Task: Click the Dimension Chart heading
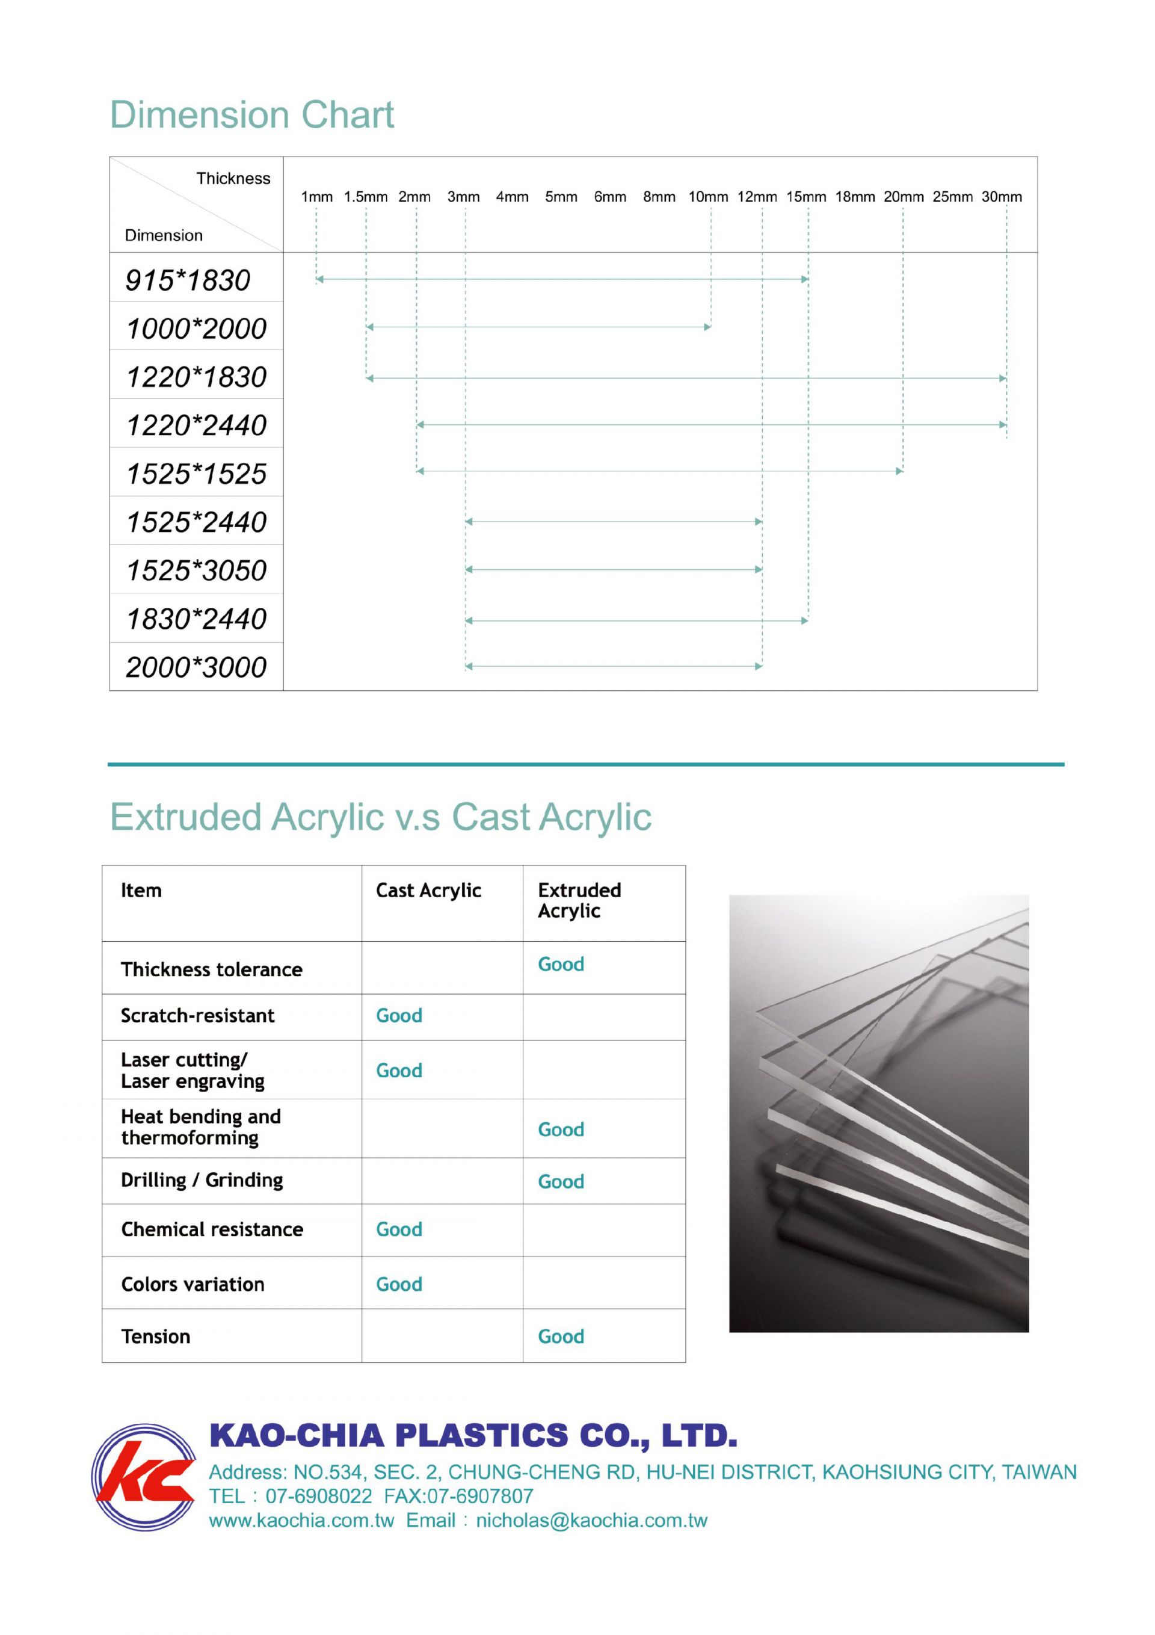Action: pos(251,116)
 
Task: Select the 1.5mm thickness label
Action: pos(365,197)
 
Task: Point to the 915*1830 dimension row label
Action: pos(188,280)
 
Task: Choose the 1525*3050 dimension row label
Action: pos(197,570)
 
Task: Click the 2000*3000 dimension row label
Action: pos(197,667)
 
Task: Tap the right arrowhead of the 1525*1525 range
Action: pos(899,471)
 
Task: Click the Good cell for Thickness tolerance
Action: pos(561,965)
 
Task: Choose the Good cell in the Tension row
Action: pos(561,1337)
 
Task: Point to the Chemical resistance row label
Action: pos(212,1230)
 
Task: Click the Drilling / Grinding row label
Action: pos(202,1181)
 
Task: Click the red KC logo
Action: pos(144,1477)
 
